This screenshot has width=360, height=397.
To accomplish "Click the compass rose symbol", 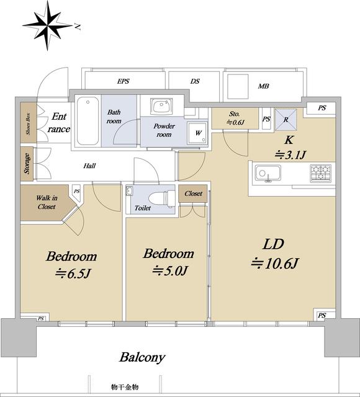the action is pos(47,25).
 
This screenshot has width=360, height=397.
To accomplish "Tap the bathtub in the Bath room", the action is pos(88,121).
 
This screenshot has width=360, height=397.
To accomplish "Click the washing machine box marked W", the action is pos(197,133).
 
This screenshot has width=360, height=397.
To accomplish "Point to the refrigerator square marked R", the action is pos(286,120).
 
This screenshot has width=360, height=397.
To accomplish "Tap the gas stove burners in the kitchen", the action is pos(320,174).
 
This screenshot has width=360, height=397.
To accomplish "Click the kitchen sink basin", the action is pos(268,173).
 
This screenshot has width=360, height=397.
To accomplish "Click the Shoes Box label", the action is pos(28,123).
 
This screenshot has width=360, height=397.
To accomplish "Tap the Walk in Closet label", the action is pos(47,202).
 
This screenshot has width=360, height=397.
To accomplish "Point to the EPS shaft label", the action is pos(123,81).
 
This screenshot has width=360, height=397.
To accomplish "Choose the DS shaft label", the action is pos(195,81).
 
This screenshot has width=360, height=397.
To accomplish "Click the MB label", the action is pos(263,86).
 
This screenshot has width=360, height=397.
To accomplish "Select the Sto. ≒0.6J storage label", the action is pos(235,118).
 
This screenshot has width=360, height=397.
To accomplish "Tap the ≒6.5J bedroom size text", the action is pos(73,274).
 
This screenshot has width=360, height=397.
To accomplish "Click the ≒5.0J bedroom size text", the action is pos(169,271).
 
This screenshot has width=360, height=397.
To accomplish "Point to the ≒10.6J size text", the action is pos(275,263).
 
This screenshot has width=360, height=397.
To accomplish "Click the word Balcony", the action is pos(142,357).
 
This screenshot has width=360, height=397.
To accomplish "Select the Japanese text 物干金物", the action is pos(125,387).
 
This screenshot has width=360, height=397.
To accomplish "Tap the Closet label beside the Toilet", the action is pos(193,194).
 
